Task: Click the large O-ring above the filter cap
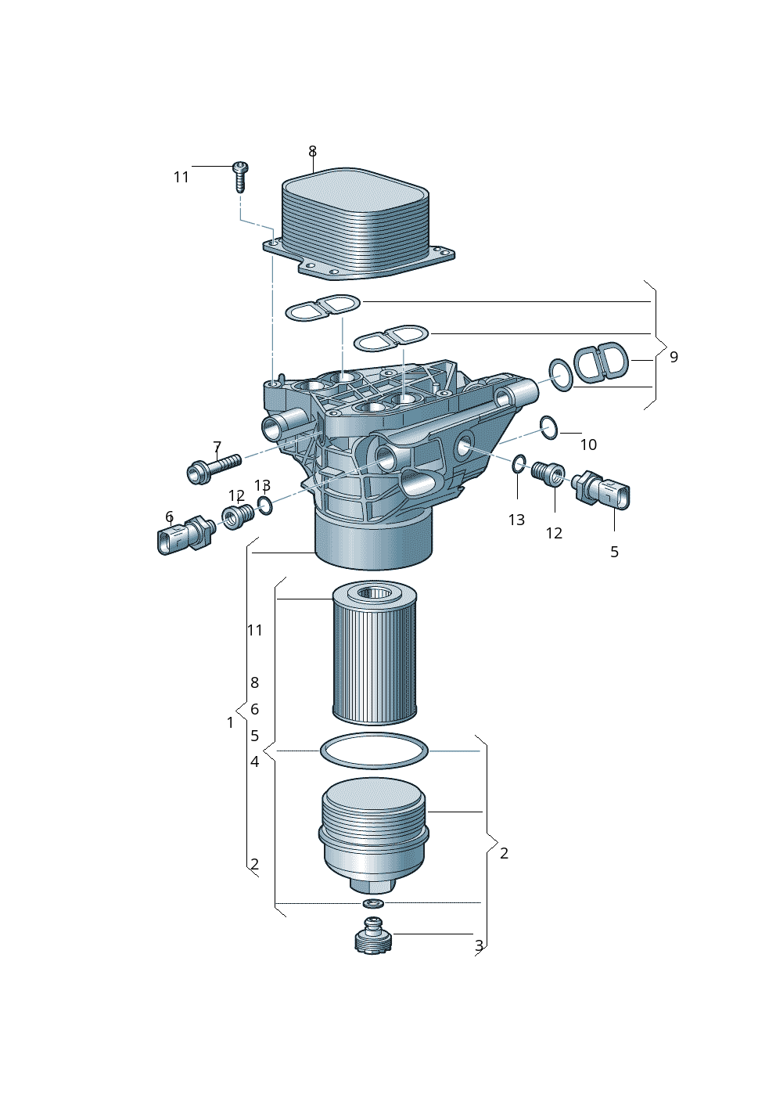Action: (x=374, y=751)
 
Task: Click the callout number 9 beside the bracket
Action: (x=674, y=357)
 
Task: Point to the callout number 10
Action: (x=588, y=445)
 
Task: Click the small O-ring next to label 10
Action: (x=548, y=427)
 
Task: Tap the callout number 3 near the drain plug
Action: (x=479, y=945)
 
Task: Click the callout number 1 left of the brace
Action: (x=230, y=722)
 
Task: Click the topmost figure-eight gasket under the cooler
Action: (x=322, y=308)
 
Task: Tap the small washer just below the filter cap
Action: (x=373, y=903)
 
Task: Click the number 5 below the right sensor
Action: (x=614, y=552)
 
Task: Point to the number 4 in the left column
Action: (x=255, y=761)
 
